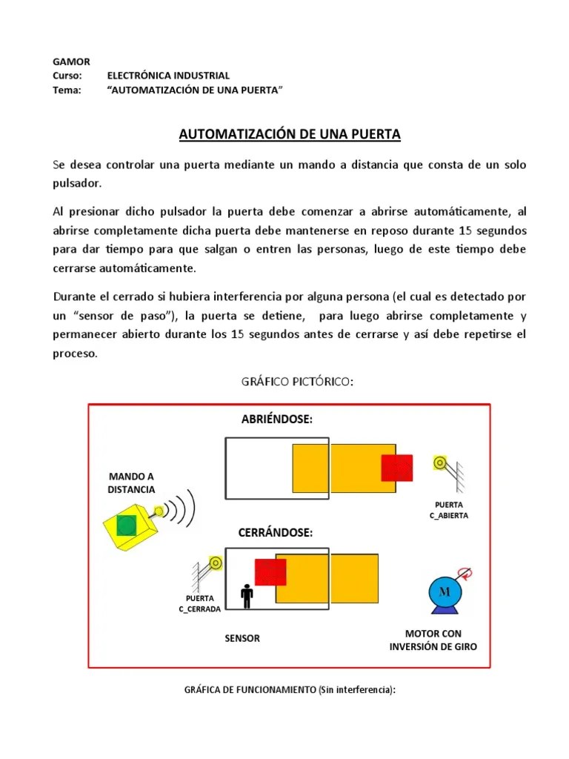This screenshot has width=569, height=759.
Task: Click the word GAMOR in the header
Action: [69, 62]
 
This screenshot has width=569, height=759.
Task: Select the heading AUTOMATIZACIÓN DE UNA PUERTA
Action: [290, 134]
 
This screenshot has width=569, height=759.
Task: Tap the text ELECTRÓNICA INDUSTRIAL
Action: [168, 76]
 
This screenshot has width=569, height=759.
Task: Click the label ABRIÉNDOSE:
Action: [277, 420]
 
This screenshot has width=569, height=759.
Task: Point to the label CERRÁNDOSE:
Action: [275, 533]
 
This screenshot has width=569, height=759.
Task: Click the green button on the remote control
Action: [127, 526]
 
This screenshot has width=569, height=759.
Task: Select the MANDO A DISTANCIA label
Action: [131, 483]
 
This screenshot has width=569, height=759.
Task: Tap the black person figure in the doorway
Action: [247, 594]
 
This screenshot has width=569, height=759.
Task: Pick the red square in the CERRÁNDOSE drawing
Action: [270, 572]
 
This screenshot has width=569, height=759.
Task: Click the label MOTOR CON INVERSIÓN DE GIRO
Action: [433, 640]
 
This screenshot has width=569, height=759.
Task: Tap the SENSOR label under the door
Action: [242, 638]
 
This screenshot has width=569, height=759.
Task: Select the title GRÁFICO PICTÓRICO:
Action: [295, 382]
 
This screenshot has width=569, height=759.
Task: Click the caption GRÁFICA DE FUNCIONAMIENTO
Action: [290, 690]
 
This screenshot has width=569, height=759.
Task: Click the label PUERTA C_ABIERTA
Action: [448, 510]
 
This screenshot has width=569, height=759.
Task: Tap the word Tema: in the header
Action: [65, 90]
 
